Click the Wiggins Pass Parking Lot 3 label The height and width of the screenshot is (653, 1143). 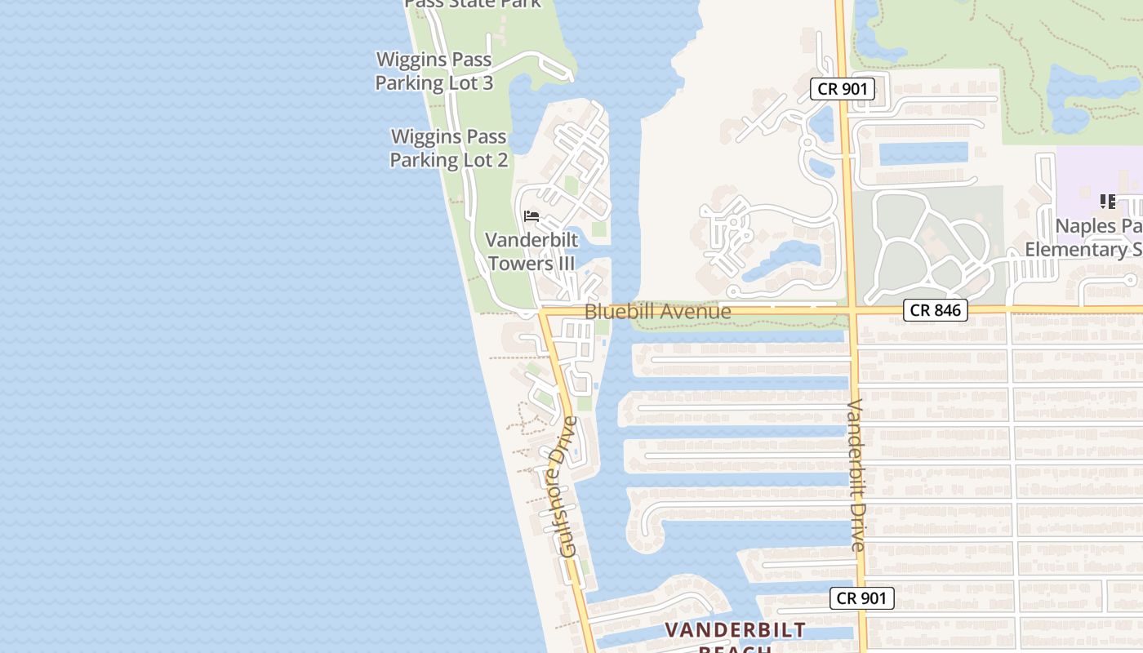[x=434, y=71]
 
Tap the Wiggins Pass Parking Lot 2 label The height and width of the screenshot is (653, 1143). [x=448, y=148]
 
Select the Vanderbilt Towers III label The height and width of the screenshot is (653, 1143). [x=531, y=251]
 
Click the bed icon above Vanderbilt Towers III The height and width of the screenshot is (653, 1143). [x=531, y=216]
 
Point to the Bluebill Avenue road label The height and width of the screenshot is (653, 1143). [x=658, y=312]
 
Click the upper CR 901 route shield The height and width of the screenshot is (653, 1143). [x=843, y=89]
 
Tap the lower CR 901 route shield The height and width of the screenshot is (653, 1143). [x=862, y=598]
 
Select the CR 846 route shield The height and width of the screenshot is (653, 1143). [x=936, y=310]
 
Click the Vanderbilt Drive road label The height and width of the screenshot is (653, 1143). [x=856, y=475]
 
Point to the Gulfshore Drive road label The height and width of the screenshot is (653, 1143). [x=563, y=486]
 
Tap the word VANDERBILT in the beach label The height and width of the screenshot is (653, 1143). [x=735, y=630]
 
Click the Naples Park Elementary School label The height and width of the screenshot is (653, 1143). [x=1086, y=237]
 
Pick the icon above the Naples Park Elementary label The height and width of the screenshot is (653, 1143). [x=1108, y=201]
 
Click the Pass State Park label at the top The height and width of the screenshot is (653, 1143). [x=474, y=3]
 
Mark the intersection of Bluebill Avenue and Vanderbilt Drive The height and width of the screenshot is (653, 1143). [x=851, y=310]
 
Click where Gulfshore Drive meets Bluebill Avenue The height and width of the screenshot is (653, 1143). [x=542, y=312]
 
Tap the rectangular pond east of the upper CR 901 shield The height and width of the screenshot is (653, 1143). [x=923, y=153]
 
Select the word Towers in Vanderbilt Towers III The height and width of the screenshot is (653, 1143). [x=520, y=264]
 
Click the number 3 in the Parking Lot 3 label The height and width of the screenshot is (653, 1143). [x=487, y=82]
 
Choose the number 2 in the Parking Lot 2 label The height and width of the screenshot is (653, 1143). [x=501, y=159]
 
